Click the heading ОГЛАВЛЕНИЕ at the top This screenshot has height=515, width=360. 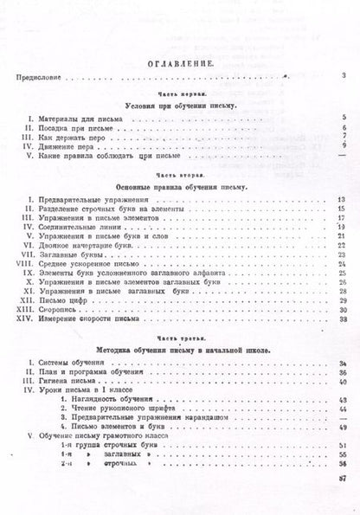[x=180, y=62]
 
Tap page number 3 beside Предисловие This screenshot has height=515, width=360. [x=344, y=77]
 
